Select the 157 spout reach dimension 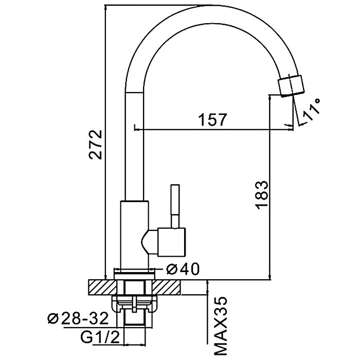coord(211,120)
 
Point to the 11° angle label coord(312,110)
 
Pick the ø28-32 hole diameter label coord(78,319)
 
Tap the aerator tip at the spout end coord(291,85)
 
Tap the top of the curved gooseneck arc coord(206,10)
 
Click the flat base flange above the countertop coord(135,273)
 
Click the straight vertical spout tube coord(135,144)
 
